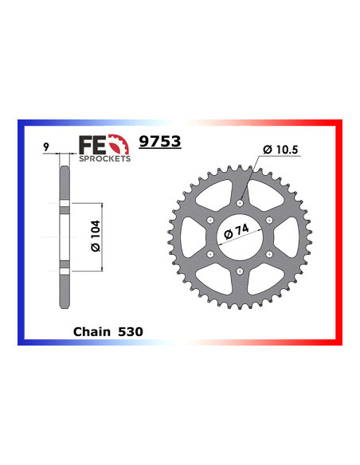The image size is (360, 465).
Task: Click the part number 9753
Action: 160,142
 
